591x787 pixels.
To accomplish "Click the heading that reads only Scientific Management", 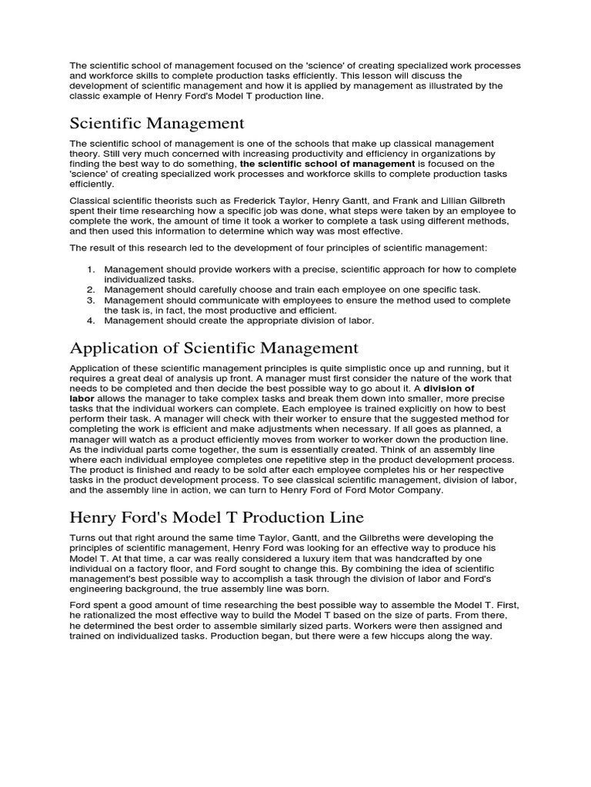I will pyautogui.click(x=157, y=123).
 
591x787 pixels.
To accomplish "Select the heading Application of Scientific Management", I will pyautogui.click(x=214, y=348).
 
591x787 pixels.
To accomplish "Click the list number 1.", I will pyautogui.click(x=90, y=270).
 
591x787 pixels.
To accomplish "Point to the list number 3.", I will pyautogui.click(x=90, y=301).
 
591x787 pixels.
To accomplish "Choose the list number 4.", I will pyautogui.click(x=90, y=320).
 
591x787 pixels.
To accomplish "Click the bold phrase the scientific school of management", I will pyautogui.click(x=327, y=164).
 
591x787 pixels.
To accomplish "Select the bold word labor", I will pyautogui.click(x=82, y=399).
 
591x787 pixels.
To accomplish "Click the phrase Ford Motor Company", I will pyautogui.click(x=394, y=490).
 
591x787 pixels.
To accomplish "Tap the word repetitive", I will pyautogui.click(x=266, y=460).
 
